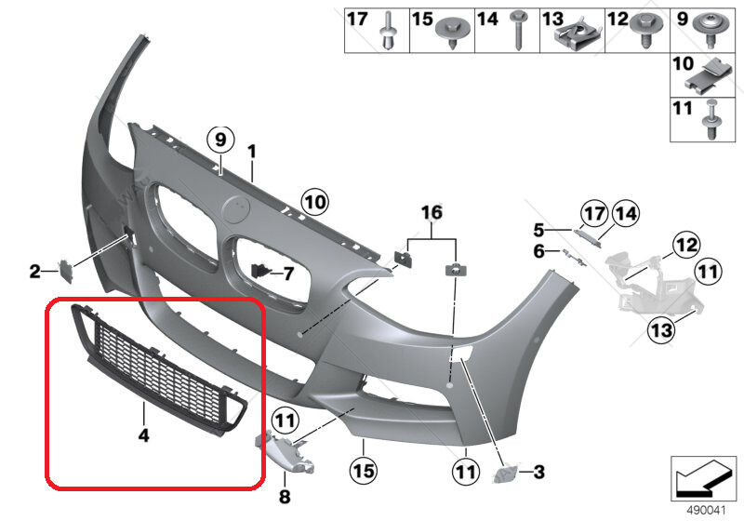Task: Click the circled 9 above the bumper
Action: click(220, 140)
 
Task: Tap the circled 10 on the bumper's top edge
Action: click(315, 202)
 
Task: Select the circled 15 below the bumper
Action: click(364, 471)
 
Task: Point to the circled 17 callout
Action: click(594, 214)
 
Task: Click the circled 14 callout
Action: click(625, 214)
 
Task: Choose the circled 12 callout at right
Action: click(686, 245)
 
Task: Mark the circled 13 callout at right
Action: click(661, 328)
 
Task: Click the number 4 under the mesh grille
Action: click(144, 434)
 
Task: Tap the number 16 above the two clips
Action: click(432, 212)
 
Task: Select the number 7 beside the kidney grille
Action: click(288, 274)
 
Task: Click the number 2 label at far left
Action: click(35, 272)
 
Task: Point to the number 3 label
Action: click(538, 472)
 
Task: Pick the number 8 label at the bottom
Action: click(285, 496)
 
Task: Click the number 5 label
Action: click(538, 230)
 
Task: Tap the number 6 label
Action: click(538, 251)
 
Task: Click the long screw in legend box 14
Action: click(518, 30)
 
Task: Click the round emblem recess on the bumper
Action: click(236, 209)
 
